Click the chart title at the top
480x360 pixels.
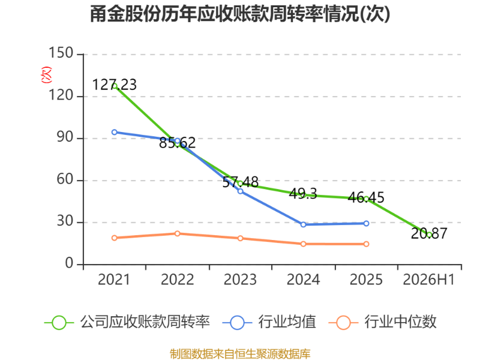point(240,14)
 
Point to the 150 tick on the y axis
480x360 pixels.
point(61,53)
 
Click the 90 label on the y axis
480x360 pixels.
point(65,137)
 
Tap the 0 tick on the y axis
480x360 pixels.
point(69,263)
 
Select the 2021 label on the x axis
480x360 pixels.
point(114,280)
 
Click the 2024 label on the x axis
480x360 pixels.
point(303,280)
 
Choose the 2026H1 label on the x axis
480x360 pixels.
point(429,280)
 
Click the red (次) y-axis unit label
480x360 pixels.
point(46,74)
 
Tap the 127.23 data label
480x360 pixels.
point(114,85)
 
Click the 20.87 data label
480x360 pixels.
point(429,233)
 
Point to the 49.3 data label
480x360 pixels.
point(303,193)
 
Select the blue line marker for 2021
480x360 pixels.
point(115,132)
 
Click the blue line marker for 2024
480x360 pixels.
point(304,224)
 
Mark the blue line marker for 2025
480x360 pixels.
point(366,223)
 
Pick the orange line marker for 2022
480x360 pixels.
point(177,233)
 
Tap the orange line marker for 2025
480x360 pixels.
point(366,244)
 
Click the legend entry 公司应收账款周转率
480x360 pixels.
point(127,322)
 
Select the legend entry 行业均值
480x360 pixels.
point(269,322)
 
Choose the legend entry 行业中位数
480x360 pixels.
point(382,322)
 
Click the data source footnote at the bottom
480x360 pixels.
point(240,354)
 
